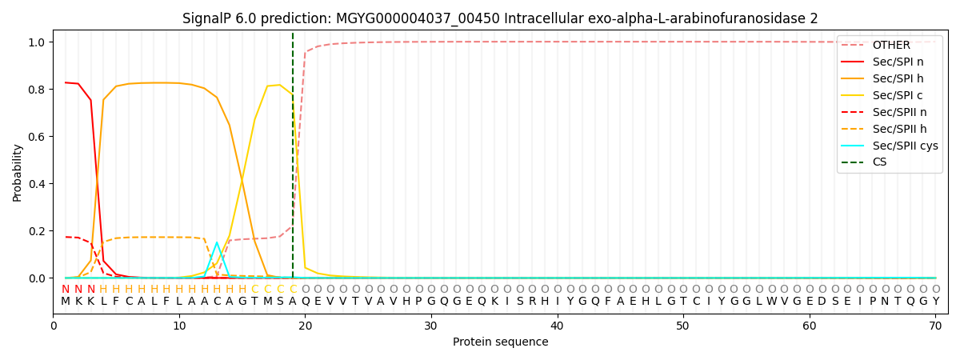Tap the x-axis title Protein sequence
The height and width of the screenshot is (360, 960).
point(500,342)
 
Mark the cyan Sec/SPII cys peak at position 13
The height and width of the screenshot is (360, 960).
point(217,242)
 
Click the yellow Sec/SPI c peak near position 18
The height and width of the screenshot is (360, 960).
point(279,85)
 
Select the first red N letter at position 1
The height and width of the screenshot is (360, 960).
point(66,289)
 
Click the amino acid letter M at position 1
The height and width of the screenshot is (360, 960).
point(66,302)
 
